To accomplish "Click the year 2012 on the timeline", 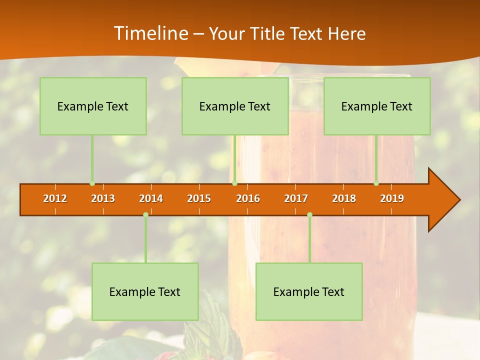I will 55,198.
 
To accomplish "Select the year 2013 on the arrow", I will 103,198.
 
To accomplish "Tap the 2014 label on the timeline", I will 151,198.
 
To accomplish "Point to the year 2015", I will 199,198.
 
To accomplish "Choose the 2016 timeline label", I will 248,198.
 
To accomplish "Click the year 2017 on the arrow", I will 296,198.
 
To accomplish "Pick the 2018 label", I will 344,198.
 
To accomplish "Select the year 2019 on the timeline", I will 392,198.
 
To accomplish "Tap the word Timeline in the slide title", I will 150,33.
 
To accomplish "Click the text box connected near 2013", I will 93,106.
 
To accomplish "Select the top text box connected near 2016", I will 235,106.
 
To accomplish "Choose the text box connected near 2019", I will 377,106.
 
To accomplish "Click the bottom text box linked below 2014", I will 145,291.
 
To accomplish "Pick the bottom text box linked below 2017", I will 309,291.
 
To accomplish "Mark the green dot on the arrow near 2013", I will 92,183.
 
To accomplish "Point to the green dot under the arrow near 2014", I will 145,214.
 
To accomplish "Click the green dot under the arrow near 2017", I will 309,214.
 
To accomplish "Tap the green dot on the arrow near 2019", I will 376,183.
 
